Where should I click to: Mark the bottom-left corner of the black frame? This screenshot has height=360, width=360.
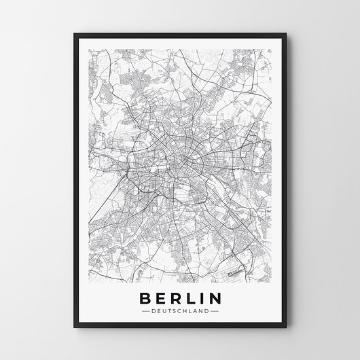point(74,327)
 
